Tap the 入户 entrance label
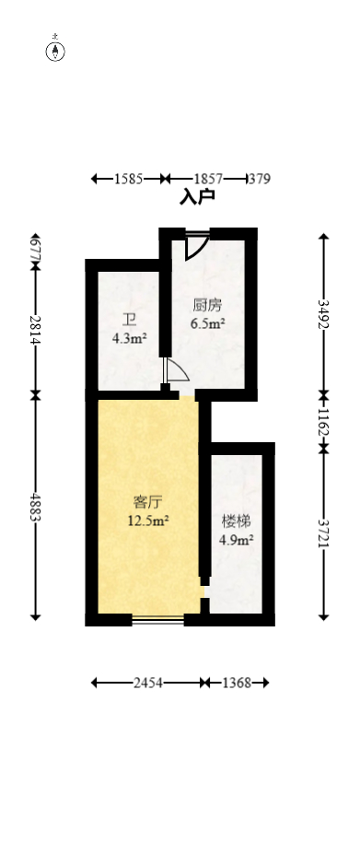point(197,196)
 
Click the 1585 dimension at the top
point(129,179)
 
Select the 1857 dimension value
point(208,179)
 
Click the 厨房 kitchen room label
point(207,306)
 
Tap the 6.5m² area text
point(207,323)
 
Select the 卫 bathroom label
point(129,321)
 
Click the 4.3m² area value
point(129,338)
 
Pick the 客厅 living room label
point(147,503)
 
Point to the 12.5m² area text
point(147,521)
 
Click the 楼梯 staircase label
point(236,521)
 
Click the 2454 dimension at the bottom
point(148,683)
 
